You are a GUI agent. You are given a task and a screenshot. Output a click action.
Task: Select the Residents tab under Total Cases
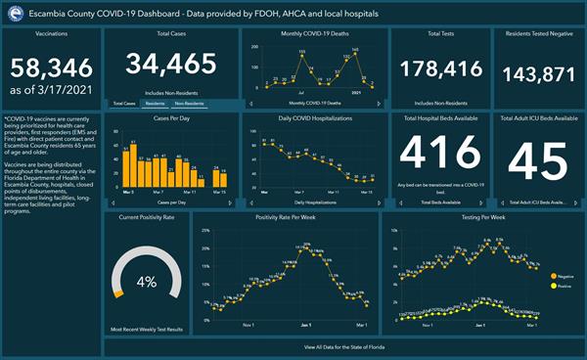156,103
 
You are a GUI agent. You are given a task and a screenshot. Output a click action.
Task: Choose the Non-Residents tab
190,103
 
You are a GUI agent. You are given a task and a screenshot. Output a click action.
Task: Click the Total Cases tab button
123,103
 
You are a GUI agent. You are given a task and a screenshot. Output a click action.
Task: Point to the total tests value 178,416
436,67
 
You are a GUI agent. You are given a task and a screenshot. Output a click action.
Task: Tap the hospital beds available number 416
437,154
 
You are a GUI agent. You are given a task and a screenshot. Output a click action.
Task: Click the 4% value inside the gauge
147,282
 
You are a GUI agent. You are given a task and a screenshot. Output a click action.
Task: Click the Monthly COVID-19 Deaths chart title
313,34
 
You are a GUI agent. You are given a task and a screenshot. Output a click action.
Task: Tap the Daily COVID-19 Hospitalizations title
313,117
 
